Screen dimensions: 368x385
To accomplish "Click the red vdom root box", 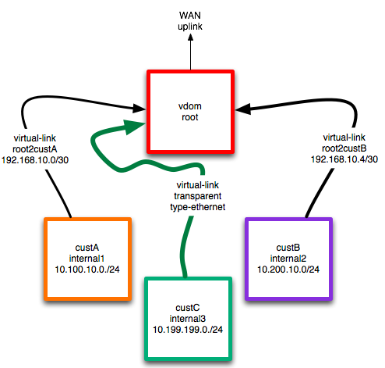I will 190,114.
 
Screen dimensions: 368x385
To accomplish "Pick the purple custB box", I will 288,258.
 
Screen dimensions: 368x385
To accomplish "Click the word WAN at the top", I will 190,16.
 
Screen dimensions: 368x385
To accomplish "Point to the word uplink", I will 190,28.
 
